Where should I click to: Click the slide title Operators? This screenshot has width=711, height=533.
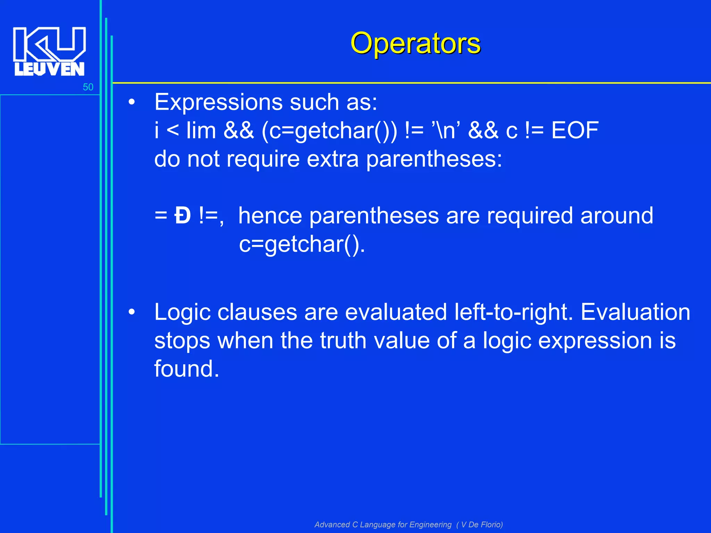click(415, 43)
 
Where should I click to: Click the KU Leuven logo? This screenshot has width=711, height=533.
click(49, 51)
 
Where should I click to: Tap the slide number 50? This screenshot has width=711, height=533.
click(88, 87)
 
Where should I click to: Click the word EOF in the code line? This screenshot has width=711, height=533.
click(575, 130)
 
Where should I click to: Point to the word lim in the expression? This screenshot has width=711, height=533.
click(201, 130)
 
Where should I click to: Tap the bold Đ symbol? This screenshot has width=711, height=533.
click(183, 215)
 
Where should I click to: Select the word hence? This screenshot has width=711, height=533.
click(270, 215)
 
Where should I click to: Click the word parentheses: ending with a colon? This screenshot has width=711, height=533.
click(434, 159)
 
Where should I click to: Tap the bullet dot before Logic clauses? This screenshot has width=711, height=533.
click(131, 312)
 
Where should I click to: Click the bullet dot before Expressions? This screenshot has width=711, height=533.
click(131, 102)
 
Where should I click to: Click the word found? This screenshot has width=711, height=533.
click(186, 369)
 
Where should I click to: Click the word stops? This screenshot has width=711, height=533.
click(182, 340)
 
